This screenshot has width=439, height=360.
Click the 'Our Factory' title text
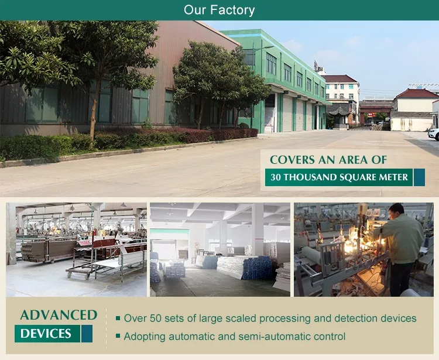tap(219, 10)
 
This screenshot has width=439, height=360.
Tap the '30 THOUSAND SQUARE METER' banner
tap(339, 177)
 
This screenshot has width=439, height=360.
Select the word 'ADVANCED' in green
tap(59, 315)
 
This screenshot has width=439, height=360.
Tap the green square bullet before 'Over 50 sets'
tap(118, 318)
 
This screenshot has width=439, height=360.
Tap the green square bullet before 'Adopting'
tap(118, 336)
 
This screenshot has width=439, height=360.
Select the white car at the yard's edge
tap(434, 133)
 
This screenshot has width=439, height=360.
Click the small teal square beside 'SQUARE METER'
tap(419, 177)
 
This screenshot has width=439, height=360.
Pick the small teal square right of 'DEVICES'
tap(87, 334)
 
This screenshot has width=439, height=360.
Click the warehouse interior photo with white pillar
tap(220, 249)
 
